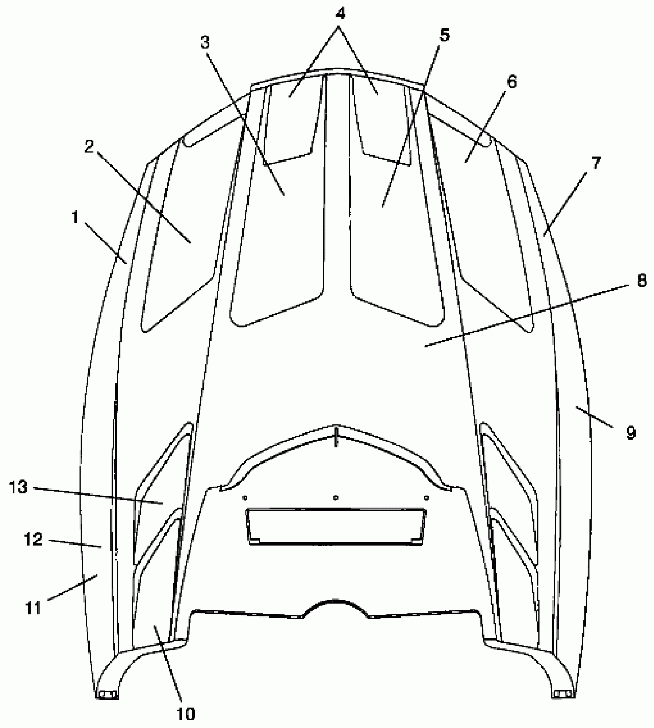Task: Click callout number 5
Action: click(x=444, y=35)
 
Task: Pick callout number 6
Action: click(x=512, y=82)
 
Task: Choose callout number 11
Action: click(x=33, y=609)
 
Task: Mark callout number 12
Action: click(x=33, y=539)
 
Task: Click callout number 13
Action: click(x=18, y=487)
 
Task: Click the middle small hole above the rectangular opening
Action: click(x=336, y=497)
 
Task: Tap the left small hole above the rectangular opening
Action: click(x=245, y=497)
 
